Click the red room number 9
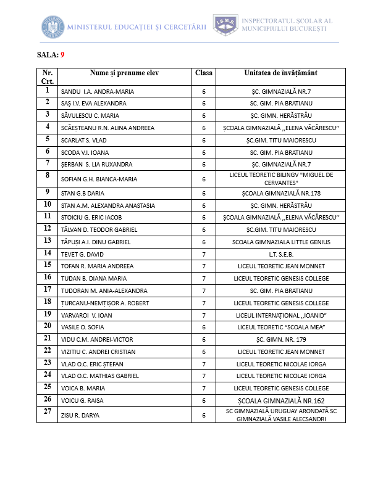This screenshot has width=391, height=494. click(62, 54)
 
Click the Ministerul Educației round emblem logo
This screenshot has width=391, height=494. click(53, 27)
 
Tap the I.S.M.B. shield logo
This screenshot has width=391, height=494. click(225, 25)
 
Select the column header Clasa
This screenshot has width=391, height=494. click(203, 73)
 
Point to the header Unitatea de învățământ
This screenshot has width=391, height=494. click(280, 73)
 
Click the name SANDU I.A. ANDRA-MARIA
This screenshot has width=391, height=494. click(98, 92)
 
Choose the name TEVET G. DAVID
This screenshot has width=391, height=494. click(82, 254)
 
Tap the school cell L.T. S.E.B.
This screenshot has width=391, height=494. click(280, 254)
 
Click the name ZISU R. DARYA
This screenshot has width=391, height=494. click(80, 415)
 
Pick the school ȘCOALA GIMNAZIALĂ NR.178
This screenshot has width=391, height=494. click(280, 193)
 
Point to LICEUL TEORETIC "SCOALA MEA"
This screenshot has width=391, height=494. click(280, 327)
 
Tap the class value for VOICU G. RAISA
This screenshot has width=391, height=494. click(203, 400)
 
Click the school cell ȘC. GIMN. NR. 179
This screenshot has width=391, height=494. click(280, 339)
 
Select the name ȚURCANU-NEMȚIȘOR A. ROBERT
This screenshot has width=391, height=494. click(105, 303)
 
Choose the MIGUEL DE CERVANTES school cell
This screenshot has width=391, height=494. click(280, 179)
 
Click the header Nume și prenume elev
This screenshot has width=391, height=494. click(124, 73)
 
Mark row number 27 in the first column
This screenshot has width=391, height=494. click(47, 411)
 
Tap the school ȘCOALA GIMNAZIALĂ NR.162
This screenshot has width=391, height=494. click(280, 400)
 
